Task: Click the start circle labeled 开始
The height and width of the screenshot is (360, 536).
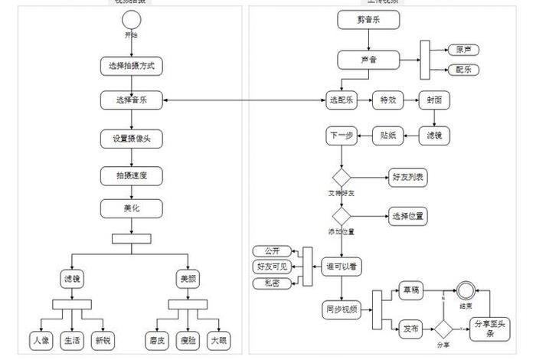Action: pyautogui.click(x=131, y=20)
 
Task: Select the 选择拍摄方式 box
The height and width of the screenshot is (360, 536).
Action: pyautogui.click(x=131, y=66)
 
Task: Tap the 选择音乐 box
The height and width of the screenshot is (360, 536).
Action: pyautogui.click(x=131, y=100)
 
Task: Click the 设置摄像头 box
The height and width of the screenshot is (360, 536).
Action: pyautogui.click(x=131, y=139)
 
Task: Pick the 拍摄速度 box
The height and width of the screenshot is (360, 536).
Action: pyautogui.click(x=131, y=175)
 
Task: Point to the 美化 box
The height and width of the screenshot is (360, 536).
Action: pyautogui.click(x=131, y=208)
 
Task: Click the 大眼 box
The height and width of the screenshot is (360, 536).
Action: pyautogui.click(x=219, y=339)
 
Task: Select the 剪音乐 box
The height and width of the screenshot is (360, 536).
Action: pyautogui.click(x=369, y=21)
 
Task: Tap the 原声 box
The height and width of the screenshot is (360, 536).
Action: pyautogui.click(x=462, y=50)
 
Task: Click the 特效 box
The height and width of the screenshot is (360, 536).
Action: pyautogui.click(x=387, y=100)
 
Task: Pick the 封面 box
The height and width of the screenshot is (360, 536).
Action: pyautogui.click(x=434, y=100)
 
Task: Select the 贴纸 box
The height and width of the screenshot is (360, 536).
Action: pyautogui.click(x=387, y=136)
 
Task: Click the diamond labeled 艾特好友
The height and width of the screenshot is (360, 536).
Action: pyautogui.click(x=341, y=177)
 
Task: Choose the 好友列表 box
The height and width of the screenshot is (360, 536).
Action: pyautogui.click(x=408, y=177)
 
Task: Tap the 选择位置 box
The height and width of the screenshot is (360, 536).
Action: pyautogui.click(x=408, y=216)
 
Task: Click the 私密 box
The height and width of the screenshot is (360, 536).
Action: pyautogui.click(x=272, y=283)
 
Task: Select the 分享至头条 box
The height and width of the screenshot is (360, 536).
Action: pyautogui.click(x=491, y=329)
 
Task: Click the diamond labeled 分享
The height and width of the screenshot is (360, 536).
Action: pyautogui.click(x=443, y=329)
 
